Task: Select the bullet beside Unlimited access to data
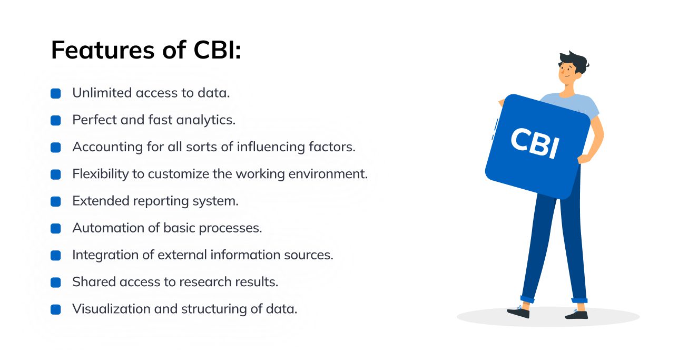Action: [x=56, y=94]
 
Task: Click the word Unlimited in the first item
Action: [x=102, y=93]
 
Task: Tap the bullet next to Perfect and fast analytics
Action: [x=56, y=121]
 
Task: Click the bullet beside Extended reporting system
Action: [x=56, y=202]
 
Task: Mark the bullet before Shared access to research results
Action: [x=56, y=283]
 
